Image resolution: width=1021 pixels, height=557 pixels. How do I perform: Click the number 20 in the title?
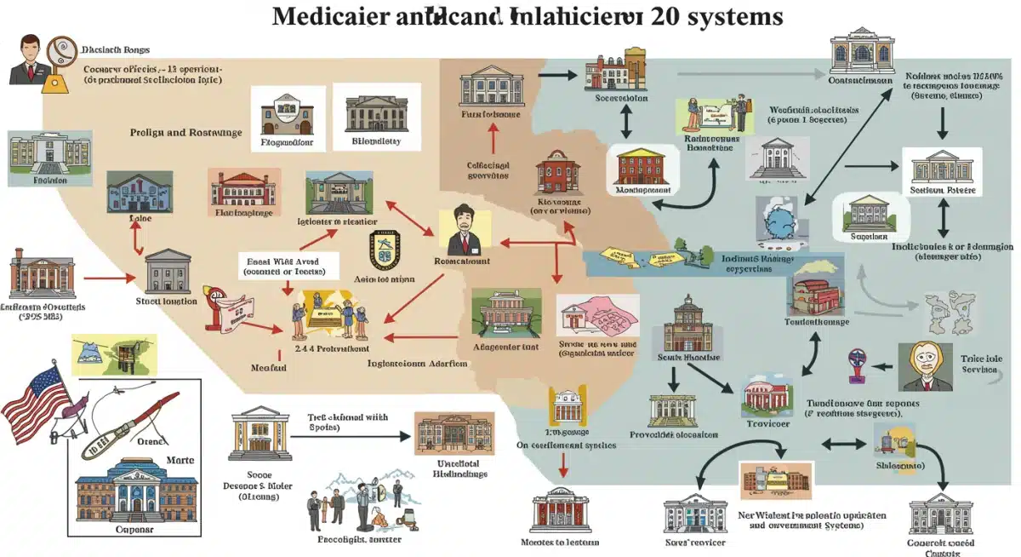[x=656, y=17]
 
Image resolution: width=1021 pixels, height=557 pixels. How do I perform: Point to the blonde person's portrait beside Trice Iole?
[x=923, y=367]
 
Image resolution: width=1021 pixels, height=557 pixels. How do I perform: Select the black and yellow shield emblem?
[x=384, y=250]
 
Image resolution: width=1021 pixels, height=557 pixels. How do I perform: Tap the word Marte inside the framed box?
[x=179, y=460]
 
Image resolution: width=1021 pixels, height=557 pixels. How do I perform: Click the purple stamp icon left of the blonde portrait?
[x=858, y=365]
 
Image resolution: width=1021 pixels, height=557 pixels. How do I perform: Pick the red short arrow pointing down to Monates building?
[x=562, y=465]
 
